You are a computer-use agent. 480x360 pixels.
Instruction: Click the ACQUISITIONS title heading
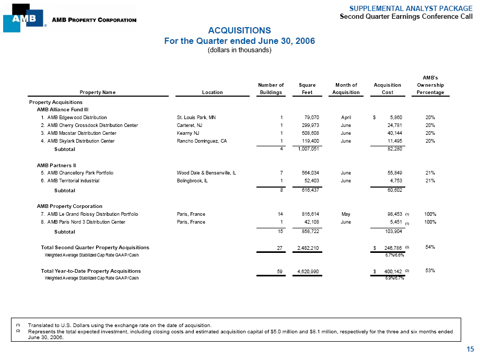pyautogui.click(x=239, y=30)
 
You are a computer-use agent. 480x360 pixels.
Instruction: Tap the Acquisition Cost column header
pyautogui.click(x=388, y=88)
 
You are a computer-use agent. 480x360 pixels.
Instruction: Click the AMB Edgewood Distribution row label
pyautogui.click(x=77, y=118)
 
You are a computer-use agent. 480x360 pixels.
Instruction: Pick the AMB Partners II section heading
pyautogui.click(x=57, y=165)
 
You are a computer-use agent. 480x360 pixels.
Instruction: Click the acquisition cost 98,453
pyautogui.click(x=393, y=214)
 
